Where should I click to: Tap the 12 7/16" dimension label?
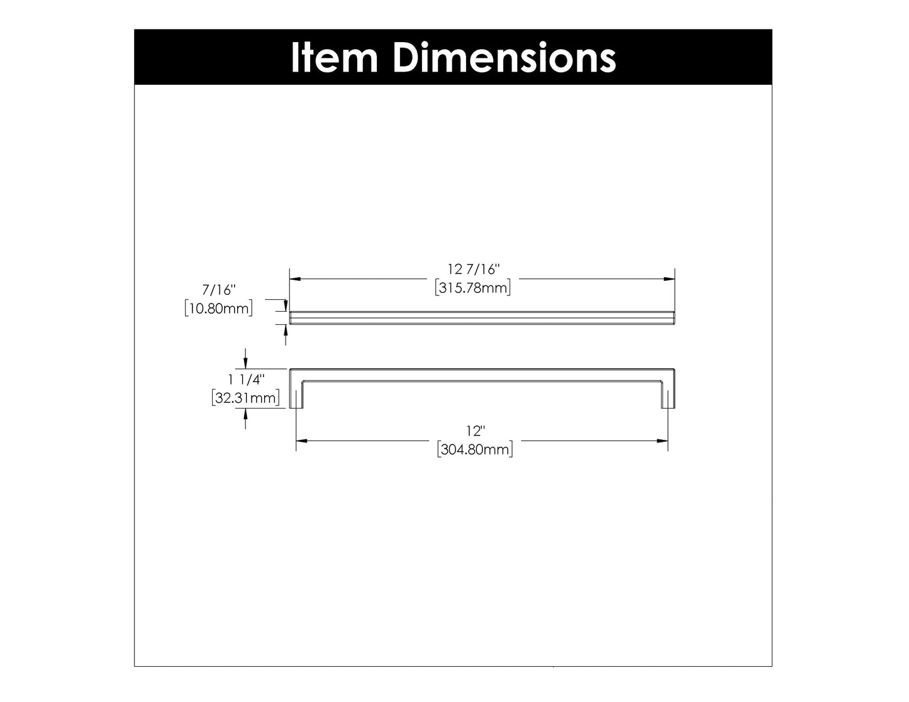click(473, 270)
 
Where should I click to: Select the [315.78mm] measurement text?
click(472, 288)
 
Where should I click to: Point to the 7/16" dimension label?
click(218, 290)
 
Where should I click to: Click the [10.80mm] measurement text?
click(219, 309)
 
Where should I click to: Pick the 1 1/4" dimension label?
click(247, 379)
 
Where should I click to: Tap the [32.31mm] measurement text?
click(245, 398)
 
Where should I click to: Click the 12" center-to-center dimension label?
click(476, 432)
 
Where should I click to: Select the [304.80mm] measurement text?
click(475, 450)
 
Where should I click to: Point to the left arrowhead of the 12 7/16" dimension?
click(294, 278)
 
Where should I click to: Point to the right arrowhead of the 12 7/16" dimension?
click(670, 278)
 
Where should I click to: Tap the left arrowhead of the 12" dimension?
click(301, 441)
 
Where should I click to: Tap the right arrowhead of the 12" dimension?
click(663, 441)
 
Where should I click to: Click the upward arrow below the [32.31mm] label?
click(246, 415)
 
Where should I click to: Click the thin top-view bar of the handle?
click(482, 317)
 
